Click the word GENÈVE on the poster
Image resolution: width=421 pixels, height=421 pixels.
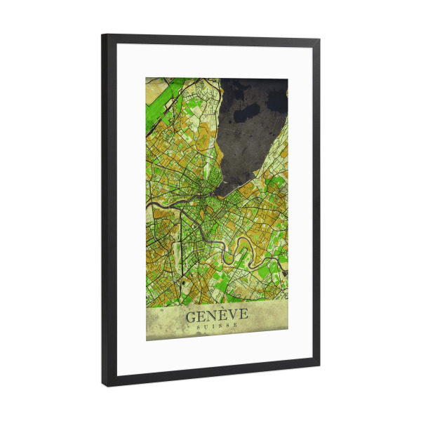click(x=217, y=316)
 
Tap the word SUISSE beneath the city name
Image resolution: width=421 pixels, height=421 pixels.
click(x=217, y=327)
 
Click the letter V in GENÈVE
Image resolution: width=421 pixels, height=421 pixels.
click(x=231, y=316)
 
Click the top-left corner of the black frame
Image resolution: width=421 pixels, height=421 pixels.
click(x=103, y=35)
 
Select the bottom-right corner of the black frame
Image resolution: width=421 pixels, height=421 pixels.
click(x=319, y=367)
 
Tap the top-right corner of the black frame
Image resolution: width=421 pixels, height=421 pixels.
click(x=319, y=40)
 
